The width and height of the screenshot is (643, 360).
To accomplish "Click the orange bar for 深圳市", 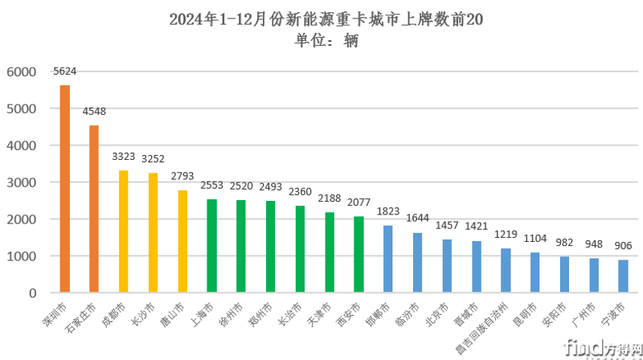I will (x=65, y=189).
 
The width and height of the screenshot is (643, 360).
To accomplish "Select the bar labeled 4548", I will (x=94, y=209).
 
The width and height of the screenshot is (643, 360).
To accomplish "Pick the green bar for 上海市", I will (x=212, y=246).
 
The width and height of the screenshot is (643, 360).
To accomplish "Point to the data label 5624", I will (x=65, y=72).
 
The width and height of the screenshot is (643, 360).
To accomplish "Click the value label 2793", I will (x=182, y=176).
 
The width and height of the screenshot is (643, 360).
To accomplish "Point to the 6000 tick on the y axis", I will (x=22, y=72).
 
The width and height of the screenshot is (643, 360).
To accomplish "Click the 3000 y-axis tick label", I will (x=22, y=182).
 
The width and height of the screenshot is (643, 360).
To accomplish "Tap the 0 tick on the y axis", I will (x=32, y=293).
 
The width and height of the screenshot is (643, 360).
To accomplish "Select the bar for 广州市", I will (x=593, y=275).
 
